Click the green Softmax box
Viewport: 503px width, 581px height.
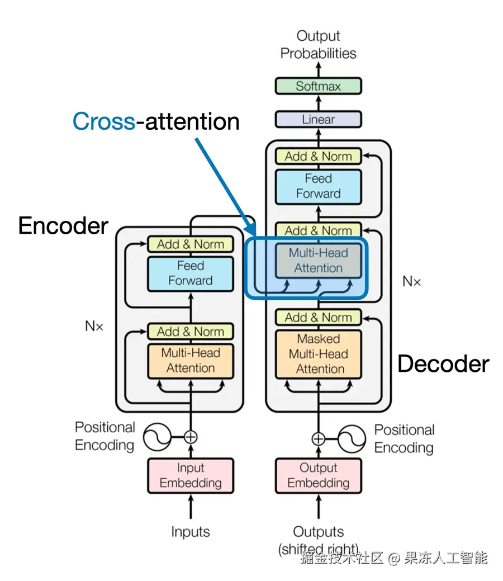coord(318,86)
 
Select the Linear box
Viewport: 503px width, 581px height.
coord(318,119)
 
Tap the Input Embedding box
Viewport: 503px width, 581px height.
coord(191,475)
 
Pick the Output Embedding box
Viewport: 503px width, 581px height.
coord(318,475)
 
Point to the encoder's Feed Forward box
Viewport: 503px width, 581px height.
coord(191,273)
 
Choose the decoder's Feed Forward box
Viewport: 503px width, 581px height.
coord(318,186)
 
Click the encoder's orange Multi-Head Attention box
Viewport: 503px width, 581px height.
coord(191,361)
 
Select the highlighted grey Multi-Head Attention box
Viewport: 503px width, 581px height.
coord(318,261)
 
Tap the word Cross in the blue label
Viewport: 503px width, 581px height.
coord(104,121)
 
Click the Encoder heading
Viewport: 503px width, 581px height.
coord(63,225)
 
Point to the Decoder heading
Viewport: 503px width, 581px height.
coord(443,364)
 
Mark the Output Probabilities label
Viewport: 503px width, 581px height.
coord(318,45)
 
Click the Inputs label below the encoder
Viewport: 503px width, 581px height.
coord(191,532)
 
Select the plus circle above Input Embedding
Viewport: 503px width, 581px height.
coord(191,437)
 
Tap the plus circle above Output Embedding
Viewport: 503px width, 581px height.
coord(318,439)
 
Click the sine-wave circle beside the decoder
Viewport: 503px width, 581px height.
coord(352,439)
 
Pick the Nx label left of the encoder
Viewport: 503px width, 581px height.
coord(94,326)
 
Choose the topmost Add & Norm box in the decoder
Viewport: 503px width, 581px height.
coord(318,157)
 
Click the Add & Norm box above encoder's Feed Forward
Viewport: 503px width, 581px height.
coord(191,244)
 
